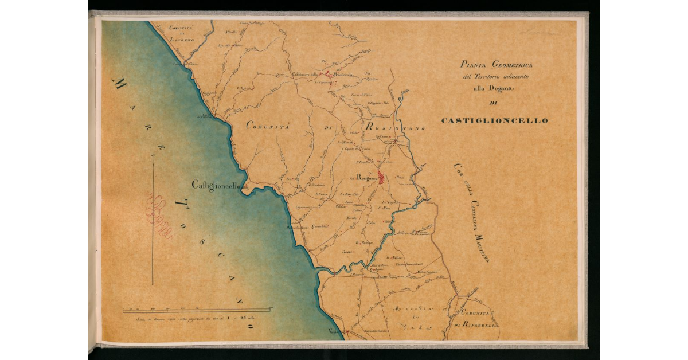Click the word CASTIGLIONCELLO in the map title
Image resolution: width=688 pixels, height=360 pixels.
494,121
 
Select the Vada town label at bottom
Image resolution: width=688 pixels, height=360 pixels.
334,332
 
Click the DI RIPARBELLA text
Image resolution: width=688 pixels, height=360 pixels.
476,325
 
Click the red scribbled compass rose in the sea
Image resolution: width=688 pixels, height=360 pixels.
160,217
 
